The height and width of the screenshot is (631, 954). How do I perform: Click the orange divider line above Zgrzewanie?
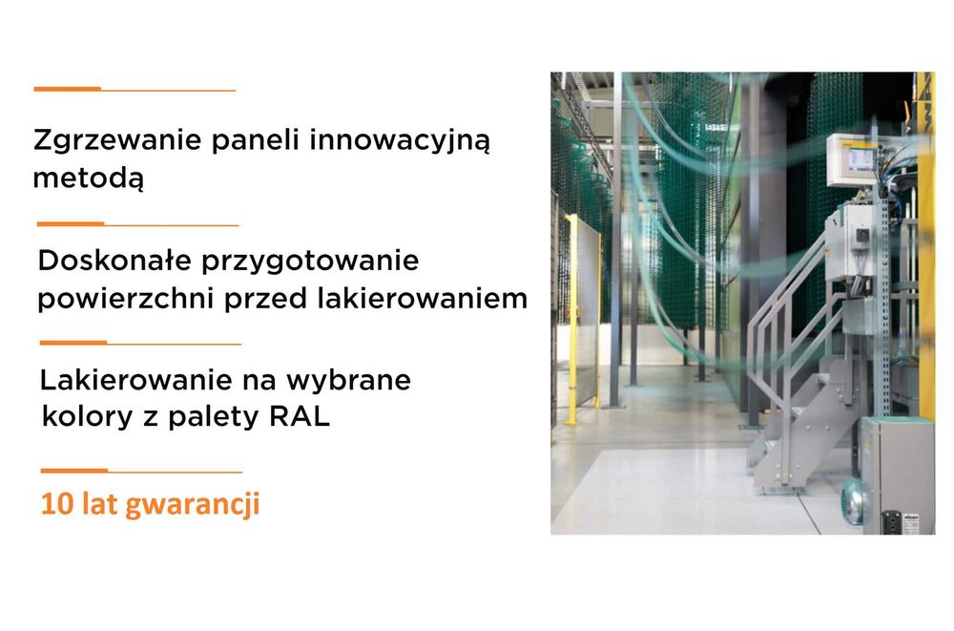click(67, 89)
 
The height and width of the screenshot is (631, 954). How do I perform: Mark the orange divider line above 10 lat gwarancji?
click(74, 471)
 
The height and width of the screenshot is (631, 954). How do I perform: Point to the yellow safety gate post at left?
click(570, 320)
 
